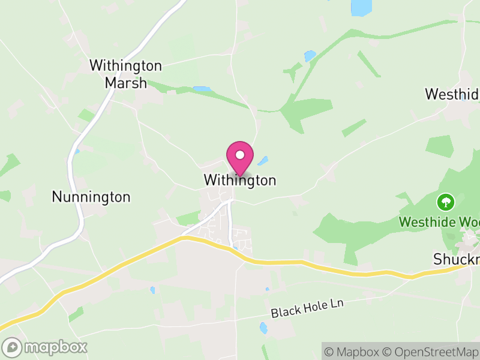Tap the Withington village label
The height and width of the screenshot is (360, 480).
click(240, 180)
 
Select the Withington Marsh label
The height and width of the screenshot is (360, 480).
click(126, 74)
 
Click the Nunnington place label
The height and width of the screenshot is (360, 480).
click(91, 197)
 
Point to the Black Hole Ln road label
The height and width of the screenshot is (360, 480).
click(307, 309)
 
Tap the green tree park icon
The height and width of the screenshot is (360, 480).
click(446, 202)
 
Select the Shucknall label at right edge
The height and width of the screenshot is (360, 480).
click(457, 259)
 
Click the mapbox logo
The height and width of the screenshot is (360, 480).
click(45, 347)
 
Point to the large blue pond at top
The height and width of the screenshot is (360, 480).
click(361, 7)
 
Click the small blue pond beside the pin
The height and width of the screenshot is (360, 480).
click(263, 161)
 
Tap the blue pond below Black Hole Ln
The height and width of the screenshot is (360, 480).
click(263, 328)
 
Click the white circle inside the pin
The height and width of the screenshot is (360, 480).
click(240, 155)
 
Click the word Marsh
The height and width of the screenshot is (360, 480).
click(126, 83)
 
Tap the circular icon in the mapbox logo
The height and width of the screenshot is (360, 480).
click(12, 347)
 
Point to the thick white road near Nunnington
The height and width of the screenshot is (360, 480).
click(75, 180)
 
